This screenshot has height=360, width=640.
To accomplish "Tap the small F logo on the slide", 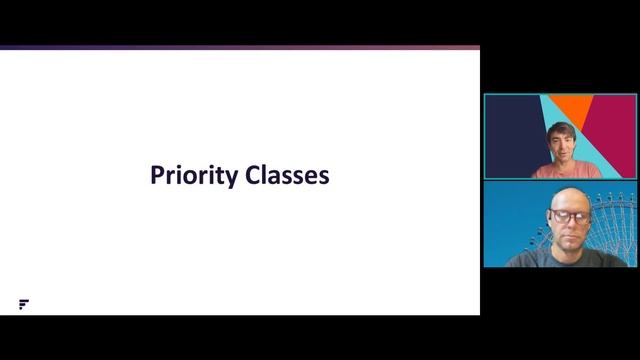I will [23, 304].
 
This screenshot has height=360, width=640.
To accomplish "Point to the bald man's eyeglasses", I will [565, 214].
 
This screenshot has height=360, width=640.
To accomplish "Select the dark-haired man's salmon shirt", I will [566, 171].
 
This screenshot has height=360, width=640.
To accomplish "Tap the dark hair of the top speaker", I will [559, 129].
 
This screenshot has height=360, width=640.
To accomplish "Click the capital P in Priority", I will [157, 176].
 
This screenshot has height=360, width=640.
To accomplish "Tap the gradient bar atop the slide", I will [240, 47].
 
